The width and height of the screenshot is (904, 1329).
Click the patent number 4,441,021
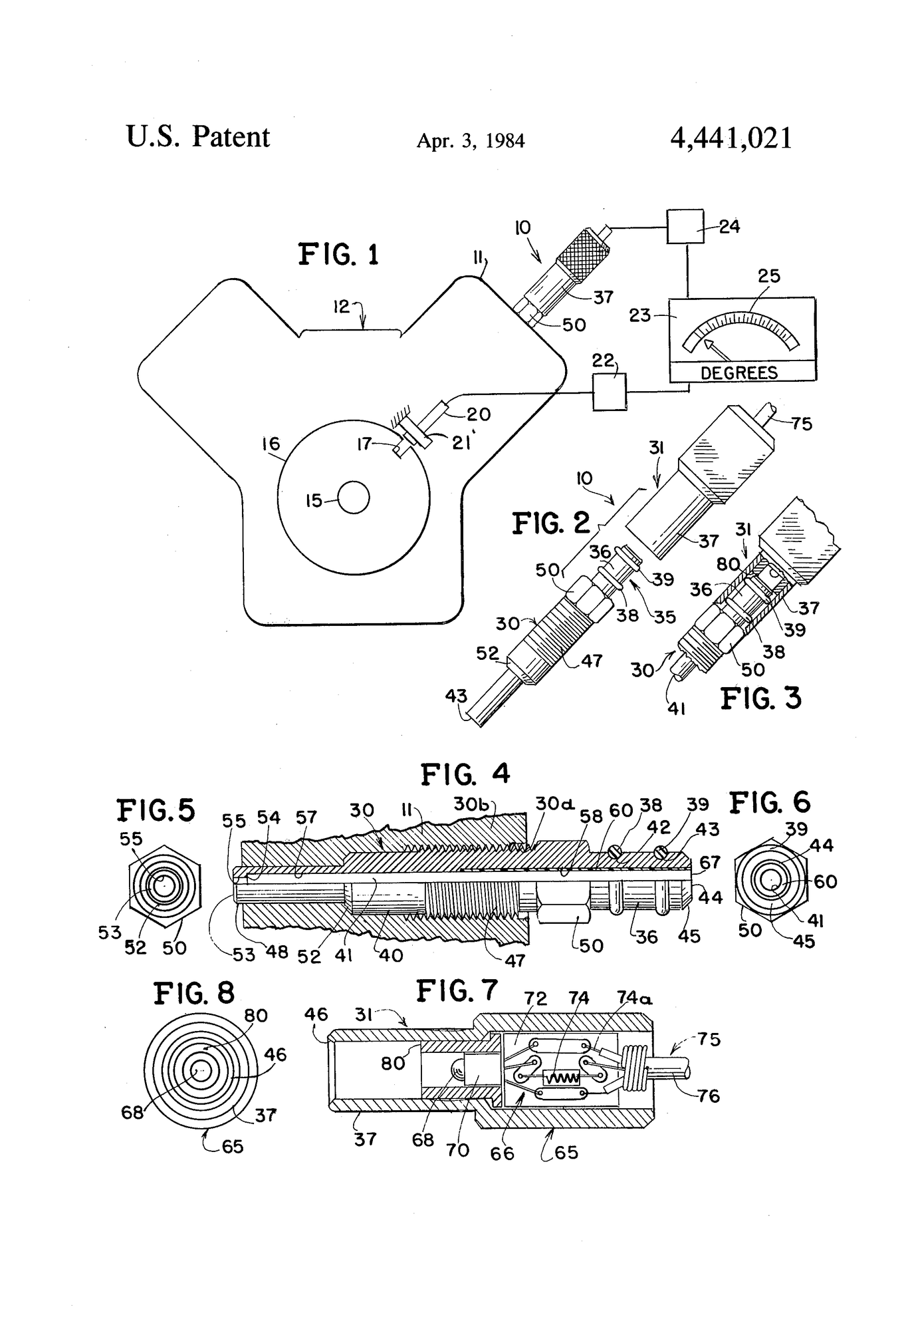[x=731, y=138]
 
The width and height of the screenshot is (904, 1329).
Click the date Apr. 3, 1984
[x=471, y=141]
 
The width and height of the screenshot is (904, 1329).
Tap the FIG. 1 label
[x=338, y=254]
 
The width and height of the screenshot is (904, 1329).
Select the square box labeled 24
[x=685, y=227]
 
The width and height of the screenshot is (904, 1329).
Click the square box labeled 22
[x=609, y=392]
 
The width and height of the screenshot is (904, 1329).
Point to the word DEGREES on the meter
[x=739, y=372]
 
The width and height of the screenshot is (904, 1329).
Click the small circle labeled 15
[x=354, y=498]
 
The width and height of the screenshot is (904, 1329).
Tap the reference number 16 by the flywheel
[x=271, y=444]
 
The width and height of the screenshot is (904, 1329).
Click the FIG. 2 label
[x=551, y=523]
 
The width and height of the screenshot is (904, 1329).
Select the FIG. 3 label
[x=761, y=698]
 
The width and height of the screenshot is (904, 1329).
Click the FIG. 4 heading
[x=465, y=774]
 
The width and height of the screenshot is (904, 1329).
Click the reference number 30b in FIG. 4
[x=471, y=804]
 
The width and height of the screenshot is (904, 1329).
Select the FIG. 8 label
[x=194, y=994]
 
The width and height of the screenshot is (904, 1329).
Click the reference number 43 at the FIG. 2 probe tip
[x=456, y=696]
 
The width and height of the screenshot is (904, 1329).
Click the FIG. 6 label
[x=770, y=804]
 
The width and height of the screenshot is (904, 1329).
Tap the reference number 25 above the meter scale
[x=768, y=275]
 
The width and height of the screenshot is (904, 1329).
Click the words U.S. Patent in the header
[x=197, y=137]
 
